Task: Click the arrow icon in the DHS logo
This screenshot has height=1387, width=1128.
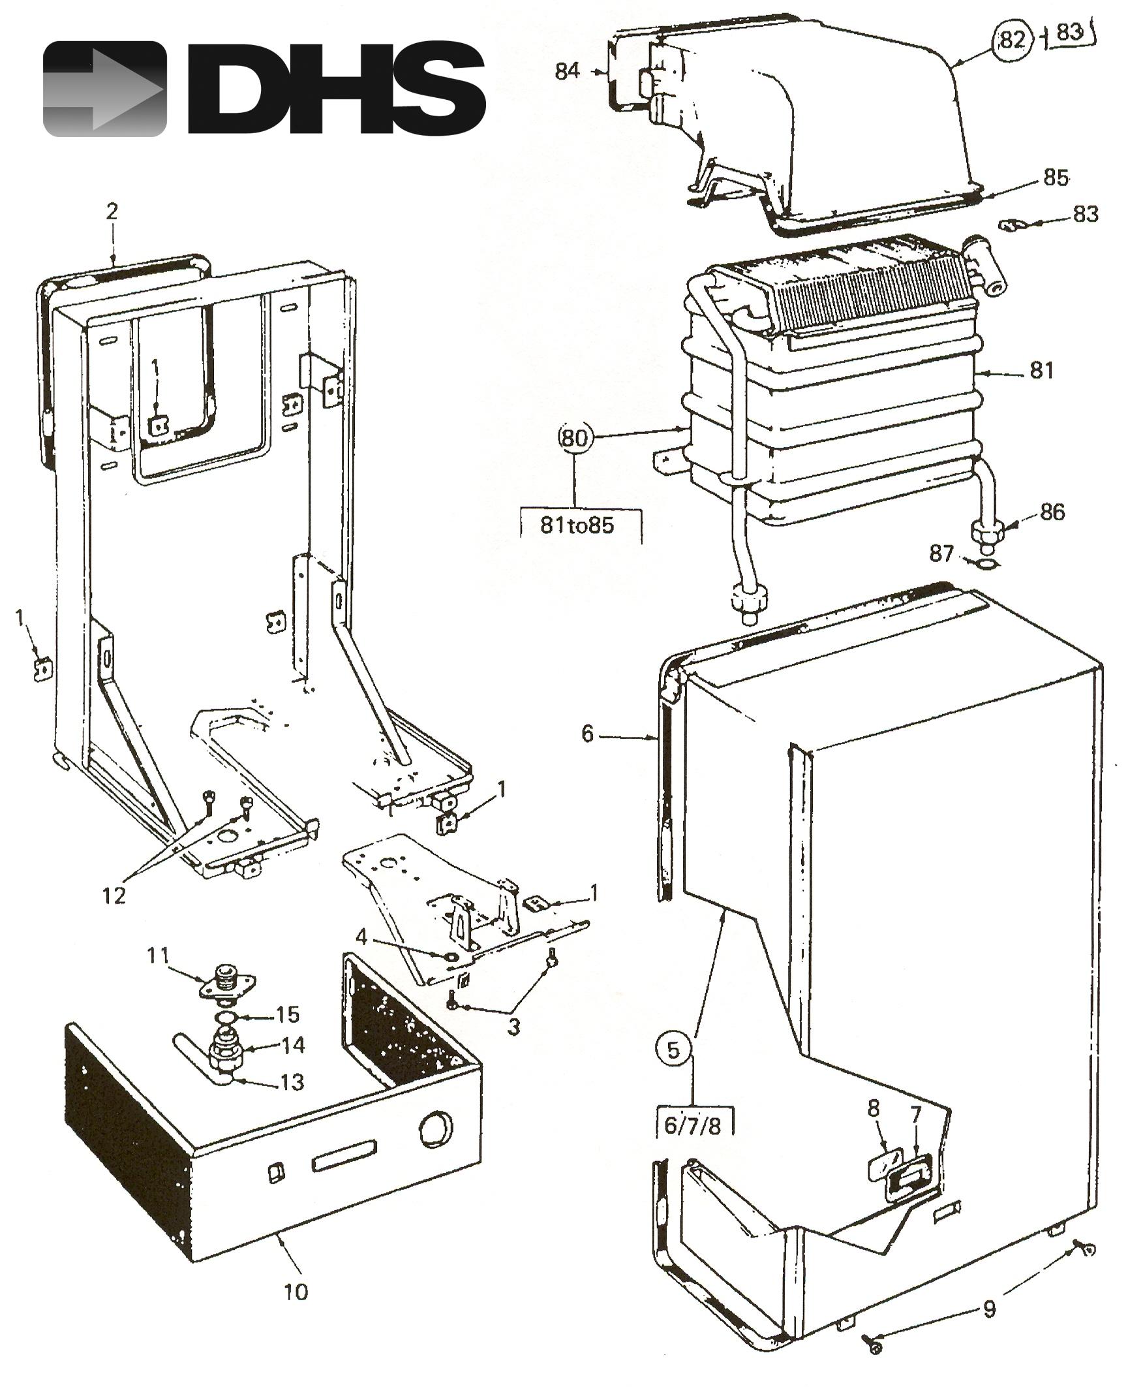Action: pos(104,89)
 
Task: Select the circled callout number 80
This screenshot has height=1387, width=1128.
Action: pos(575,439)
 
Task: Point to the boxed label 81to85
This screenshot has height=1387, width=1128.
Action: pos(577,525)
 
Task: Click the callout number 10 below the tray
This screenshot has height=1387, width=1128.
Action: pos(296,1291)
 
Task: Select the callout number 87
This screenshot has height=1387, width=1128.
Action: pos(941,554)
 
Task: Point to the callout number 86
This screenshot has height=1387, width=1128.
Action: pos(1052,512)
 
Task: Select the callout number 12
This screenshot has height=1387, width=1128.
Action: pos(114,896)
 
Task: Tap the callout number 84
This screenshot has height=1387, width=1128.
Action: pos(567,70)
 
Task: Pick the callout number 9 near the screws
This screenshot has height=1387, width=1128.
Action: pos(989,1307)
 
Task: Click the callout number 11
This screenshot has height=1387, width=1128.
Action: pos(157,956)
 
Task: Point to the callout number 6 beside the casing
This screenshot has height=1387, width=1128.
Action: pos(587,734)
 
